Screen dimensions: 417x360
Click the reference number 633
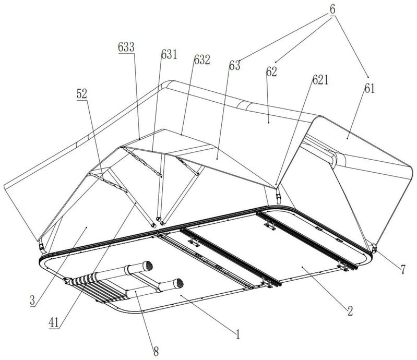126,47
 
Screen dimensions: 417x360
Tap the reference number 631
169,55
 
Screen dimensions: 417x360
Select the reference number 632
202,60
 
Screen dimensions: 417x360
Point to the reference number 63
234,65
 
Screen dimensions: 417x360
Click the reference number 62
271,72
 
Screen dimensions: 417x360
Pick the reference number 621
320,80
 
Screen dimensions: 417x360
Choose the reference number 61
370,89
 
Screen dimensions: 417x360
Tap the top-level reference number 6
332,9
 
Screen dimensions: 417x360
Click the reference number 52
81,94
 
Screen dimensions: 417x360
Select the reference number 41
54,323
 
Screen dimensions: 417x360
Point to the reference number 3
32,301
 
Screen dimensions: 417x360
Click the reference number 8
156,352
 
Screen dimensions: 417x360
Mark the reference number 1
238,334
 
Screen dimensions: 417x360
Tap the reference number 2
350,311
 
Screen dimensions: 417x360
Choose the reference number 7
403,270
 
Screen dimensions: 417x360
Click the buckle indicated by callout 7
374,248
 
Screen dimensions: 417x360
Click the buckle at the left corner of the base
41,246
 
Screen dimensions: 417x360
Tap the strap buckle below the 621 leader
278,198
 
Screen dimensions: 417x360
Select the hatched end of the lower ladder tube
178,284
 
